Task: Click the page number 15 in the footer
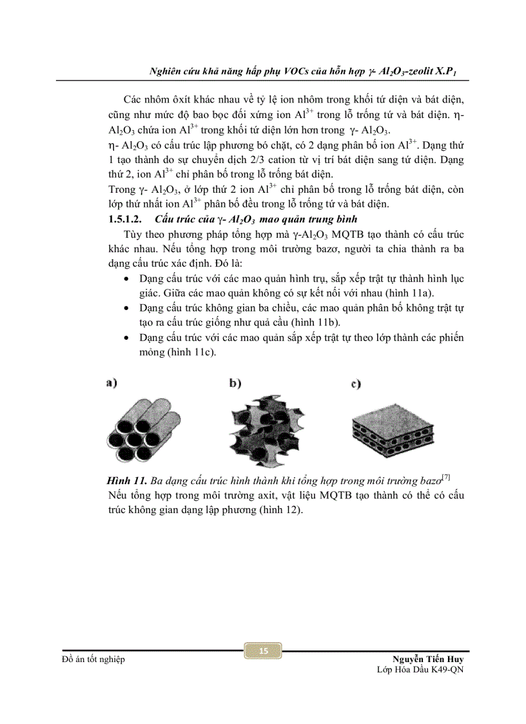pyautogui.click(x=262, y=651)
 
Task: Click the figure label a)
pyautogui.click(x=112, y=384)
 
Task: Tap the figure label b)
pyautogui.click(x=235, y=384)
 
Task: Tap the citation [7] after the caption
pyautogui.click(x=445, y=478)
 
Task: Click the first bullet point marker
pyautogui.click(x=125, y=279)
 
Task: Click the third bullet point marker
pyautogui.click(x=125, y=338)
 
